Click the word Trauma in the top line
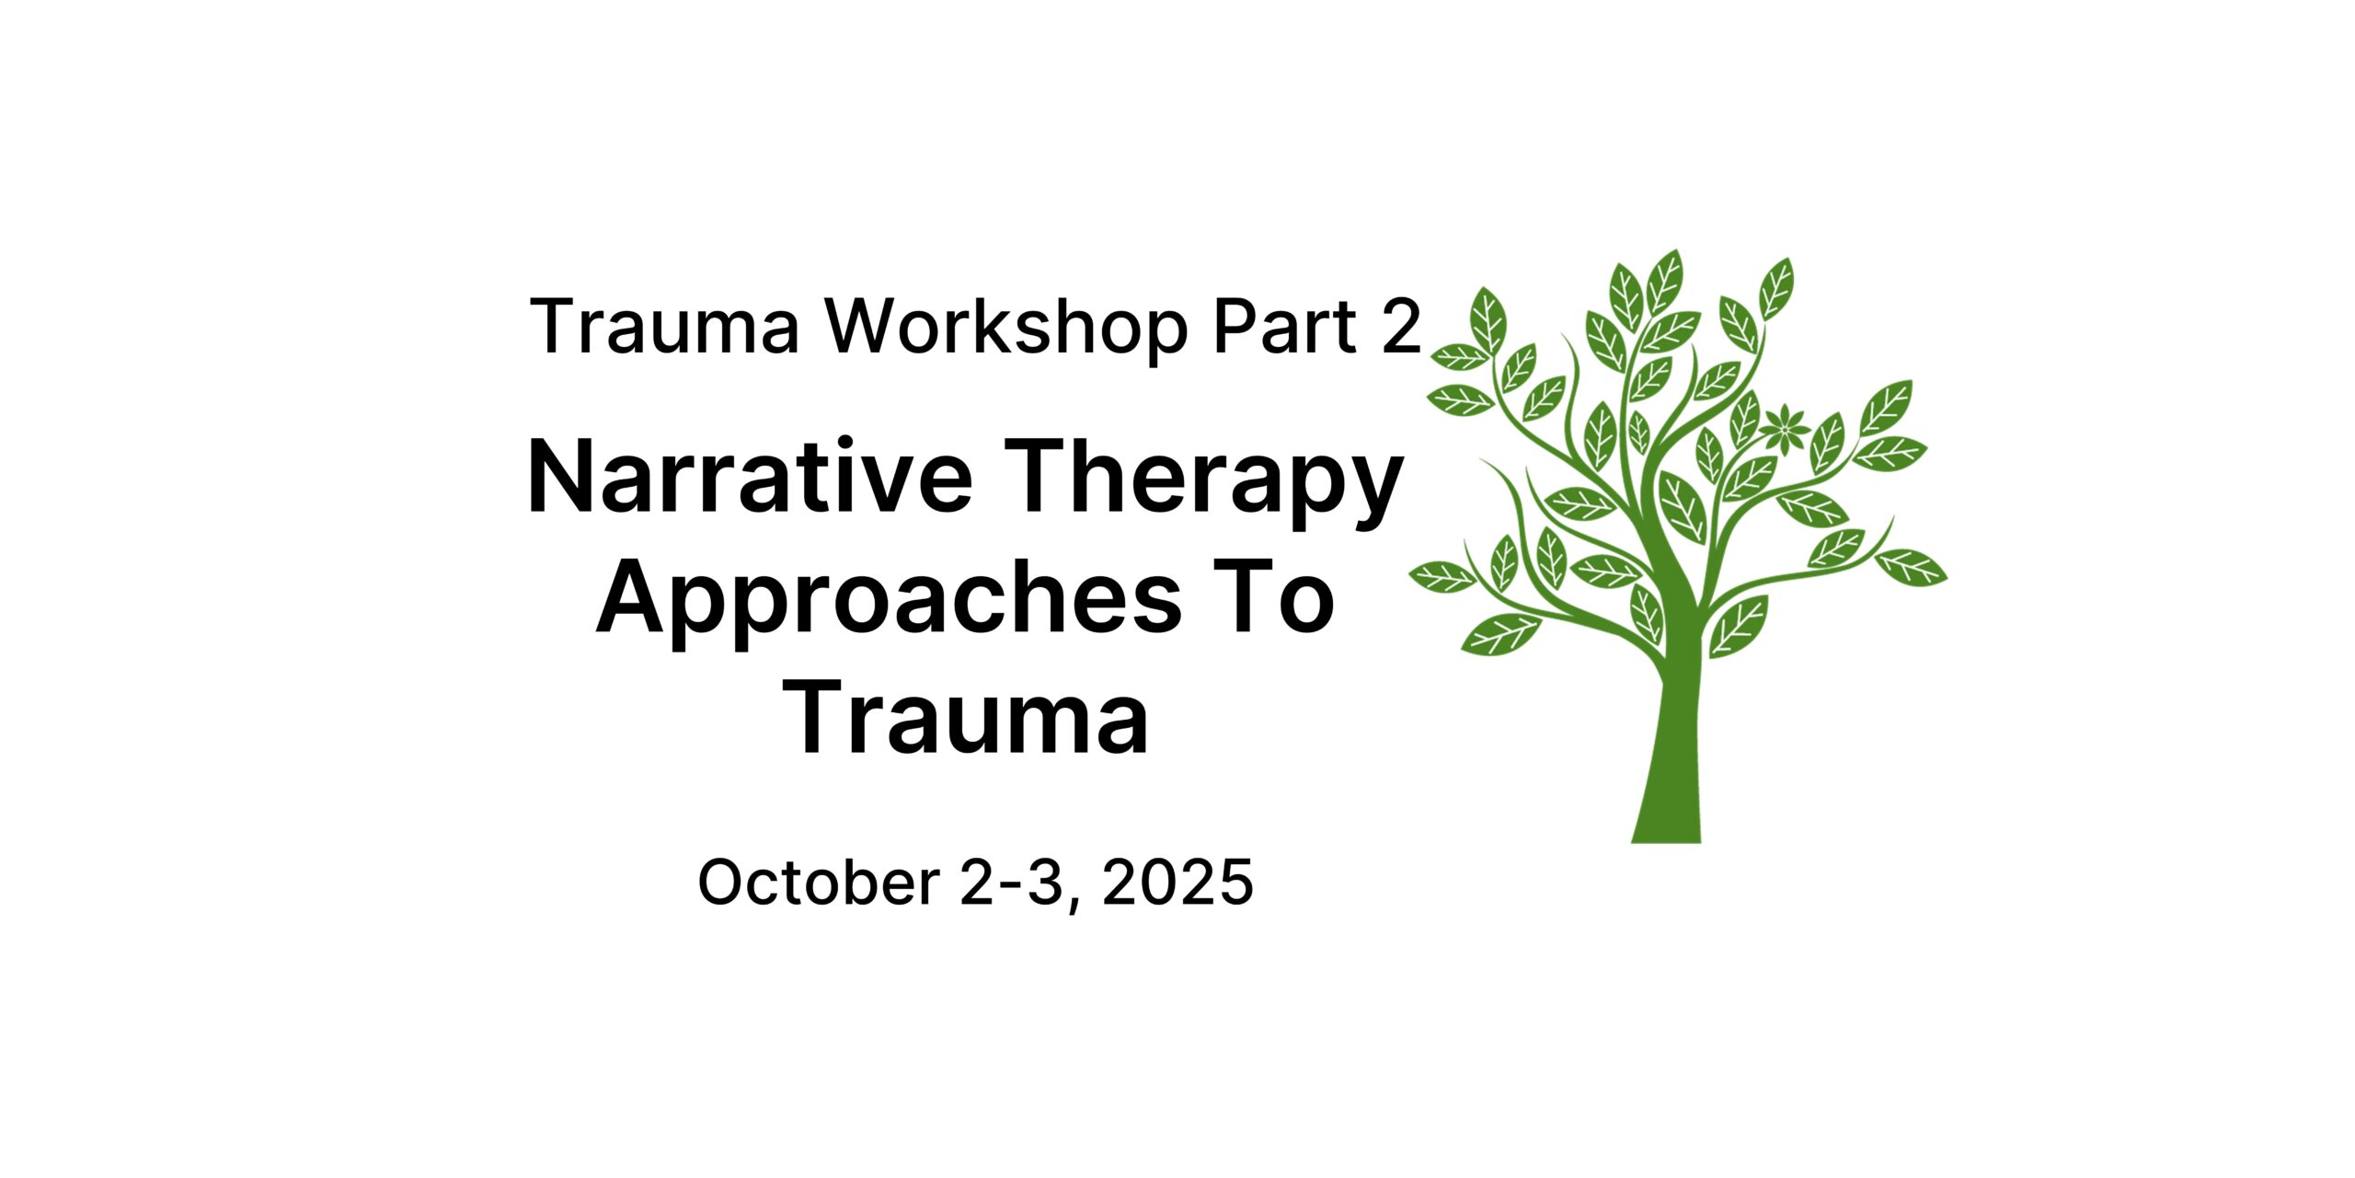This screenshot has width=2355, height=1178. coord(664,326)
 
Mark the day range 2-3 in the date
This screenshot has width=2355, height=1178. coord(1011,882)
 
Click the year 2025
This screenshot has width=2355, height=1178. coord(1177,882)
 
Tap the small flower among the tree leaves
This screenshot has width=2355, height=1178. coord(1785,429)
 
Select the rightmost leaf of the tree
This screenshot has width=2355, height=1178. coord(1912,567)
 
